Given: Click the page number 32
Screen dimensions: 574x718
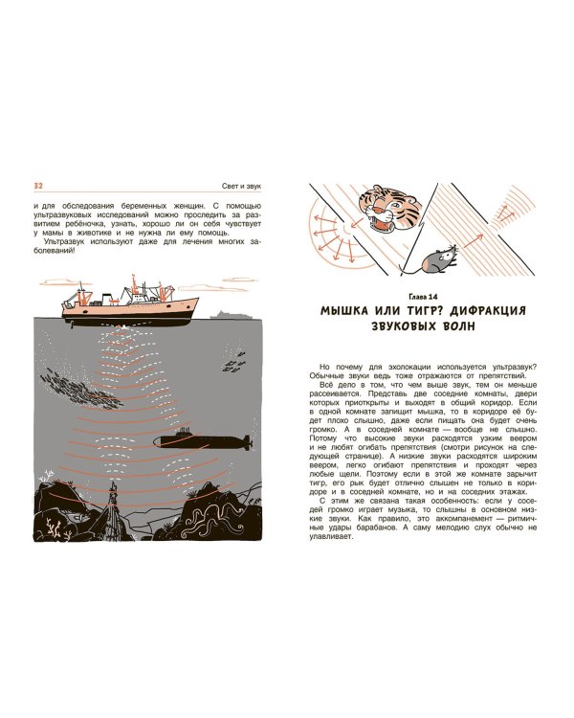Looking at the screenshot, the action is (x=38, y=186).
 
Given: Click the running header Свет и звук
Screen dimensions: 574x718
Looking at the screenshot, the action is (x=241, y=186).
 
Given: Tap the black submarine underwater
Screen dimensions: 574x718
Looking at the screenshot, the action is (x=202, y=440).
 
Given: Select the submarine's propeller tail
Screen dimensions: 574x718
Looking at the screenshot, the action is (x=247, y=442).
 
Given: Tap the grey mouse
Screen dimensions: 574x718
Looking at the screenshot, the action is (x=439, y=259).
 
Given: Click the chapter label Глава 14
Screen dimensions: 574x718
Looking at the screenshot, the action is (x=423, y=297).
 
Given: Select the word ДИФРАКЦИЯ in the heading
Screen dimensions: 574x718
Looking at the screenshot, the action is (x=489, y=311).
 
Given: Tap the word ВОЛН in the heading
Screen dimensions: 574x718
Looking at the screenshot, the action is (x=455, y=327).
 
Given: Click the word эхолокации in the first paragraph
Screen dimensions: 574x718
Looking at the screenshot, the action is (x=412, y=368).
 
